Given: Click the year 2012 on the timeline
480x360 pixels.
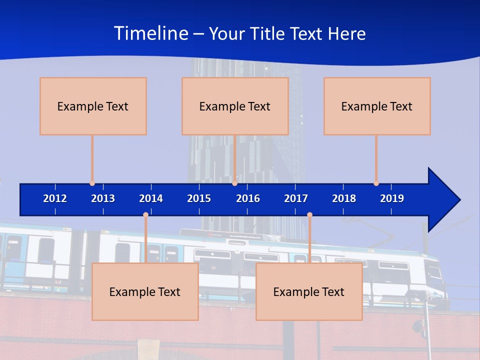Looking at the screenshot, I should point(55,198).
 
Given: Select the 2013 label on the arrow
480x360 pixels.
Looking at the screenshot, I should point(103,198).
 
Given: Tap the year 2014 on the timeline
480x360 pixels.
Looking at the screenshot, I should point(151,198).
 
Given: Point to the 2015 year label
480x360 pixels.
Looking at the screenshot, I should point(199,198).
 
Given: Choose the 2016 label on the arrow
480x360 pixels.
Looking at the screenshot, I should point(248,198).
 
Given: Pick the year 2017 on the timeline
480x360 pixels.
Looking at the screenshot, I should point(296,198).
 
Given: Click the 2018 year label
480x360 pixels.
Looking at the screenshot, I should point(344,198).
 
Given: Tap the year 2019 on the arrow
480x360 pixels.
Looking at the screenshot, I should point(392,198).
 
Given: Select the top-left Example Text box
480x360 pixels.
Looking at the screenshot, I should point(93,106).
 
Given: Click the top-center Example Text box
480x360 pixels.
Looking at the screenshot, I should point(235,106).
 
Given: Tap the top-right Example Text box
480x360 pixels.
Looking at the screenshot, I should point(377,106).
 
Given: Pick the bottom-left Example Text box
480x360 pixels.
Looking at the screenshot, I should point(145,291).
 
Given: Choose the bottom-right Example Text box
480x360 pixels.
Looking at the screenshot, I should point(309,291).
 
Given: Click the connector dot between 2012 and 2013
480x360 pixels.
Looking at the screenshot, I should point(92,183).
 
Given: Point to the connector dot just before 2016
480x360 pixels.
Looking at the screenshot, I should point(234,183).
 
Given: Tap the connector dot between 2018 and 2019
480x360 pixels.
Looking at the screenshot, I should point(376,183).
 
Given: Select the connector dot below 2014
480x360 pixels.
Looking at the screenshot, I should point(145,214).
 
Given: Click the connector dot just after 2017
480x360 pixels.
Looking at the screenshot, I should point(309,214).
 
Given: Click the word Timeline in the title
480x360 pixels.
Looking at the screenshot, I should point(150,33).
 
